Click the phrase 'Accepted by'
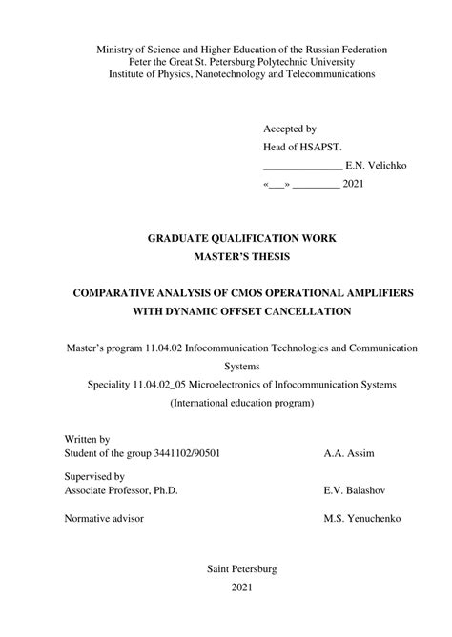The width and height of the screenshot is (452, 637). (x=290, y=128)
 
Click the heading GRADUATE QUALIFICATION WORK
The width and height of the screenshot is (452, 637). (x=241, y=237)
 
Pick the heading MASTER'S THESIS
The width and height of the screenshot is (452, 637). (x=241, y=256)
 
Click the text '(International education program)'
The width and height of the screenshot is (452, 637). (x=241, y=403)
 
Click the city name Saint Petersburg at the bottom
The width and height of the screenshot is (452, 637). (x=241, y=569)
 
